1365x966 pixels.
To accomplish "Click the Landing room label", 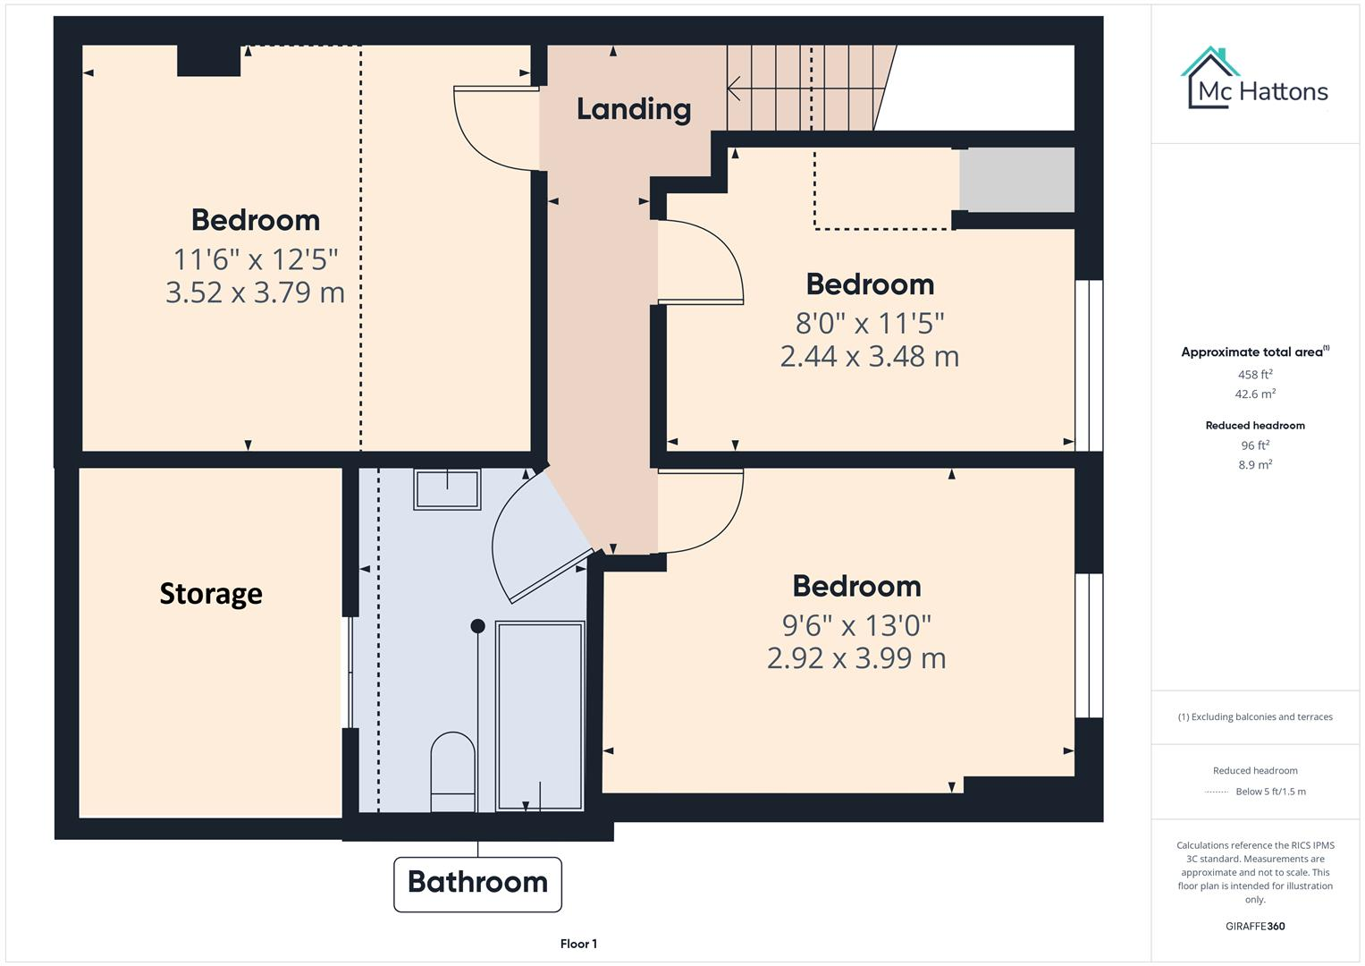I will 633,109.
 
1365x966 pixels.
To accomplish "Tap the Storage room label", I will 211,594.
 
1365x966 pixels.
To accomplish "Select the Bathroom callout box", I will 477,884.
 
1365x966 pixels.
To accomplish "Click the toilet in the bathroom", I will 452,770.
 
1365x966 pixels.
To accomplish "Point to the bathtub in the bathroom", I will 540,716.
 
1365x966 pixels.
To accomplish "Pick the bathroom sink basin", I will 447,488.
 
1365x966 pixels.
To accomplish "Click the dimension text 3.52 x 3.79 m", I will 255,292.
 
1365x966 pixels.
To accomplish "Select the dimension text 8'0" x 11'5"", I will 870,322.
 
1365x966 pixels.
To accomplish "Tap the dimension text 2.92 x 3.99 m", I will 856,658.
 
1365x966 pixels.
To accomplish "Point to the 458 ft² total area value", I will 1255,375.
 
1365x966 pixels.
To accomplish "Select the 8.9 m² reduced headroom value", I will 1255,464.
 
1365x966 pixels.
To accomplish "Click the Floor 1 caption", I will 578,944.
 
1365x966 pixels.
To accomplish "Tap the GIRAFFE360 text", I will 1255,926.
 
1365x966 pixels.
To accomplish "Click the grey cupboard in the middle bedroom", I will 1016,180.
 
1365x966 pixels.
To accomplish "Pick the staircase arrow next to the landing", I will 735,89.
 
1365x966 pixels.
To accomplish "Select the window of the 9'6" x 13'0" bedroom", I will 1088,645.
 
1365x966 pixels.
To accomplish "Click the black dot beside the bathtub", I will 478,626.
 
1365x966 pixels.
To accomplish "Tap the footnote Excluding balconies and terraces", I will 1255,716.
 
